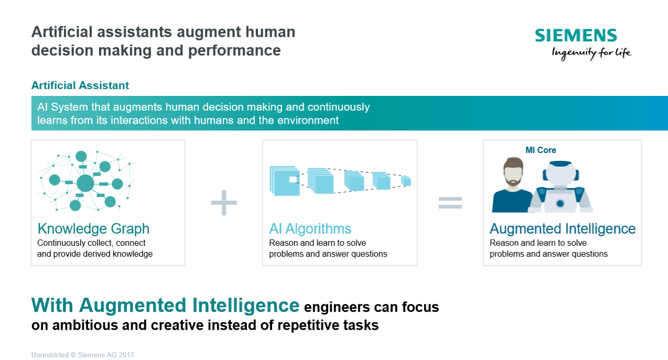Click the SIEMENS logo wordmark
pos(576,36)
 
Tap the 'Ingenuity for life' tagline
pos(591,53)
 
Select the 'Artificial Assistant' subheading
pos(80,85)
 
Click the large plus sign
pos(224,203)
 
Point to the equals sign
pos(450,203)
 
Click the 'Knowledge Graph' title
pos(93,228)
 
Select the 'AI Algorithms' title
pos(310,228)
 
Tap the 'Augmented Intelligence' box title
pos(563,228)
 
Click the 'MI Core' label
pos(541,150)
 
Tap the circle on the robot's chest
pos(560,203)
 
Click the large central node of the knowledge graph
pos(85,183)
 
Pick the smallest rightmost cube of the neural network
pos(406,181)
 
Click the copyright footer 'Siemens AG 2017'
pos(106,355)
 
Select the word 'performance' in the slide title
pos(234,51)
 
